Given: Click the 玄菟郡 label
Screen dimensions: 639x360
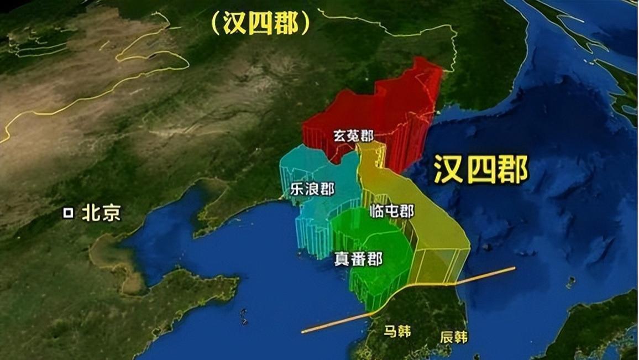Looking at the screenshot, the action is click(x=353, y=136).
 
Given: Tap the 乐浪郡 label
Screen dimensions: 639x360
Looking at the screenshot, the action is click(x=312, y=189).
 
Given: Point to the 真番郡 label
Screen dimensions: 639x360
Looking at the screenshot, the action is click(x=358, y=259).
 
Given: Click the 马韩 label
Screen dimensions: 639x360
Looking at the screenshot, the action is click(x=397, y=331).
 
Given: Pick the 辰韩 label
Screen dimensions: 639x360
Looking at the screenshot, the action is click(x=454, y=337).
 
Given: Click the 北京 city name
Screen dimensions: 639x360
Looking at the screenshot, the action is click(x=101, y=213).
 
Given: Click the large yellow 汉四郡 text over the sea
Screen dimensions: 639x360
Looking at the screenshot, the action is click(x=480, y=169).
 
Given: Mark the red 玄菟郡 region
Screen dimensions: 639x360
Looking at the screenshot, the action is click(x=387, y=105).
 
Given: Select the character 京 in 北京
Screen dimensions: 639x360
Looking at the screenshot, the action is click(x=111, y=213).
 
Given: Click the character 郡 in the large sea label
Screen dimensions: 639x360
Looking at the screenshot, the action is click(x=512, y=169).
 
